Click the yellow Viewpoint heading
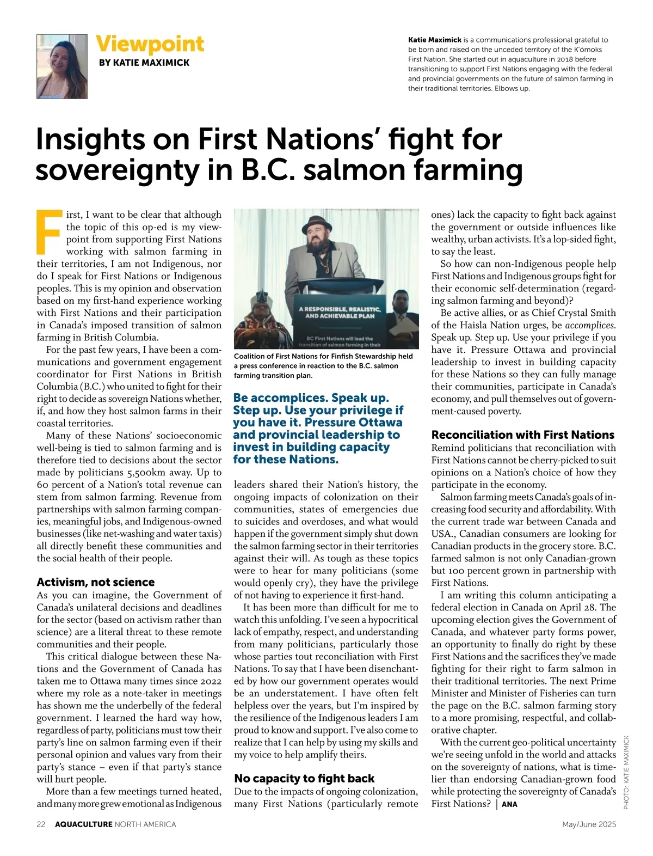(150, 44)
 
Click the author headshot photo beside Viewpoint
(62, 66)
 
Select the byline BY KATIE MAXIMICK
(144, 63)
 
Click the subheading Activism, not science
(96, 582)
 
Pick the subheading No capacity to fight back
(304, 778)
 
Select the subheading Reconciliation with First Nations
(522, 435)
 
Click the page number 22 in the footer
(41, 824)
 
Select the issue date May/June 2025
(589, 824)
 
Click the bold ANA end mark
(509, 804)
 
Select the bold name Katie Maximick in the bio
(435, 40)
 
